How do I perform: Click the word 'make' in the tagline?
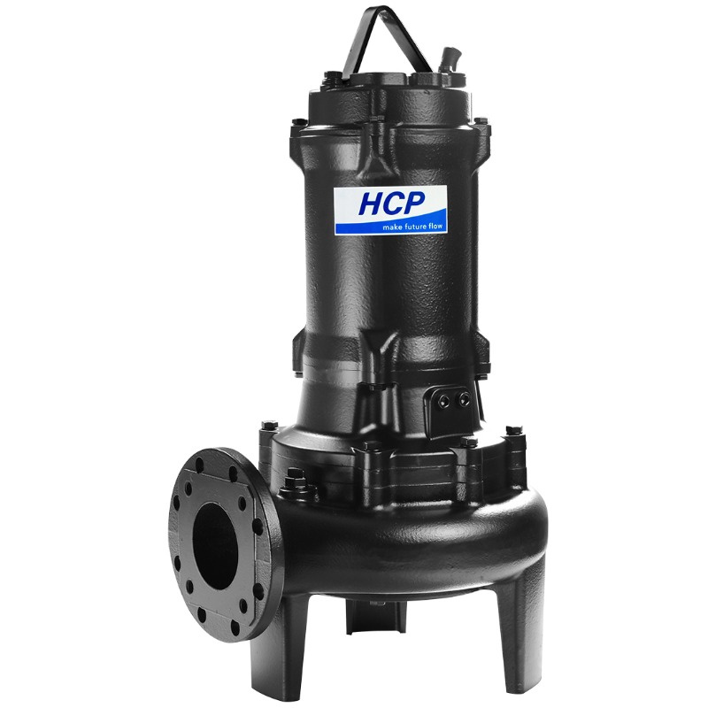[x=391, y=227]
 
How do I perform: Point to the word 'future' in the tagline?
[x=412, y=227]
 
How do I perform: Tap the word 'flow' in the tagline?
[x=434, y=226]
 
